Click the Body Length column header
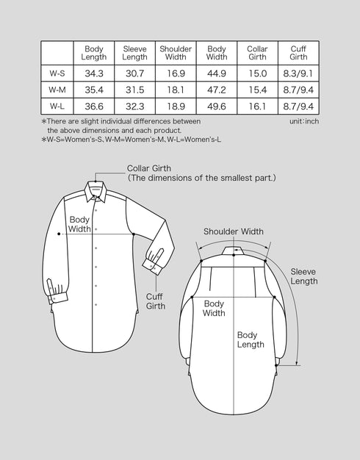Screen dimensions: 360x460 click(x=95, y=53)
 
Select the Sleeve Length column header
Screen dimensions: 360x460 click(x=135, y=53)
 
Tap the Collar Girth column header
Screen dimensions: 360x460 click(x=257, y=53)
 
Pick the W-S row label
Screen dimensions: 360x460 click(x=57, y=73)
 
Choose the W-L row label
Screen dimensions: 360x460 click(x=57, y=107)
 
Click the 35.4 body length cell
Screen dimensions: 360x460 click(x=95, y=90)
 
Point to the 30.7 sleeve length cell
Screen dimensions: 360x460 click(x=135, y=73)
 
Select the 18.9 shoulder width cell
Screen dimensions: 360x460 click(x=176, y=107)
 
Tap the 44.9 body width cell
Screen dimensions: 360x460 click(x=217, y=73)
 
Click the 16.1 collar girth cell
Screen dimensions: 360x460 click(x=257, y=107)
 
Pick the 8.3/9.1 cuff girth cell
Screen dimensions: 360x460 click(x=298, y=73)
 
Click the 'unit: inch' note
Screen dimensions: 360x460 click(x=303, y=121)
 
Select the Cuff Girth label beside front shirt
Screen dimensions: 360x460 click(x=155, y=301)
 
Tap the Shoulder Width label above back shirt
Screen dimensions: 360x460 click(x=233, y=231)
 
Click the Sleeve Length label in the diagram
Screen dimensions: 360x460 click(x=303, y=276)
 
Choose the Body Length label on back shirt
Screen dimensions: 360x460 click(x=251, y=339)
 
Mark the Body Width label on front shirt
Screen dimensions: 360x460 click(x=80, y=223)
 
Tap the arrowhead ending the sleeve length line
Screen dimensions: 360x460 click(x=297, y=363)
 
